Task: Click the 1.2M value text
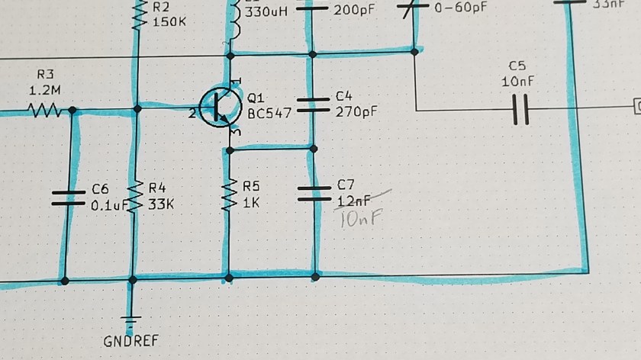43,90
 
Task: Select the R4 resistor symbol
137,197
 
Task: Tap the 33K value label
162,204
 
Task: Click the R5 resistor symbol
229,195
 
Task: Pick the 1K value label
251,204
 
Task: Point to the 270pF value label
356,111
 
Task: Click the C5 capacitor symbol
521,108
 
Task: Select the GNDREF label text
131,340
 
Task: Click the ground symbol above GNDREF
133,316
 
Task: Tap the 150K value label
169,22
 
